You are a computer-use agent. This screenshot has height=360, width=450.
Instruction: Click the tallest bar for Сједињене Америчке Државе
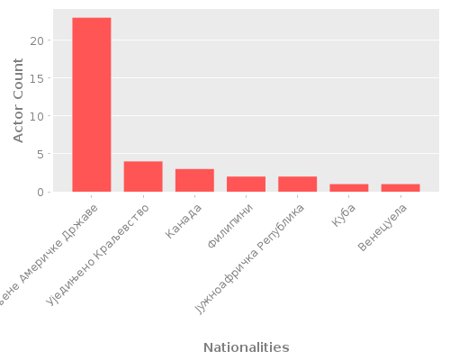tap(91, 104)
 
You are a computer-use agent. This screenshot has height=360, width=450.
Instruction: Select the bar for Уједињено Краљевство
tap(143, 176)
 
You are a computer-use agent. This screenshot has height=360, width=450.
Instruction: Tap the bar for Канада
tap(194, 180)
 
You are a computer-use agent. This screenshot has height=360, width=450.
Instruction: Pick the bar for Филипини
tap(246, 184)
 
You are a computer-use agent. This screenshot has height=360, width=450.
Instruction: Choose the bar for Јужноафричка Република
tap(297, 184)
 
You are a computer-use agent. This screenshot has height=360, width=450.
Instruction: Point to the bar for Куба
tap(348, 187)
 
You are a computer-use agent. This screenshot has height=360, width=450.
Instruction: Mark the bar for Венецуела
tap(400, 187)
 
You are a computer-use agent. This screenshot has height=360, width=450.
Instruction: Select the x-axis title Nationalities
tap(246, 347)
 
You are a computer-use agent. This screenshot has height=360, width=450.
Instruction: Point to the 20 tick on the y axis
tap(37, 40)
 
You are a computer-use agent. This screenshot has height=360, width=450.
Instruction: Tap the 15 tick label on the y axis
tap(37, 78)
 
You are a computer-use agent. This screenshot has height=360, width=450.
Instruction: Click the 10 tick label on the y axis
tap(37, 116)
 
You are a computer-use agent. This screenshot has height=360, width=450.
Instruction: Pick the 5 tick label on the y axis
tap(40, 154)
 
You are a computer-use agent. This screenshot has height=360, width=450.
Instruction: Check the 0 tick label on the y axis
tap(40, 192)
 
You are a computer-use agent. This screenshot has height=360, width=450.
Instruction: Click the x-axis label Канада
tap(184, 221)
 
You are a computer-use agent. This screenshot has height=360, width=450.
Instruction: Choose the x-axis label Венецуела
tap(383, 227)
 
